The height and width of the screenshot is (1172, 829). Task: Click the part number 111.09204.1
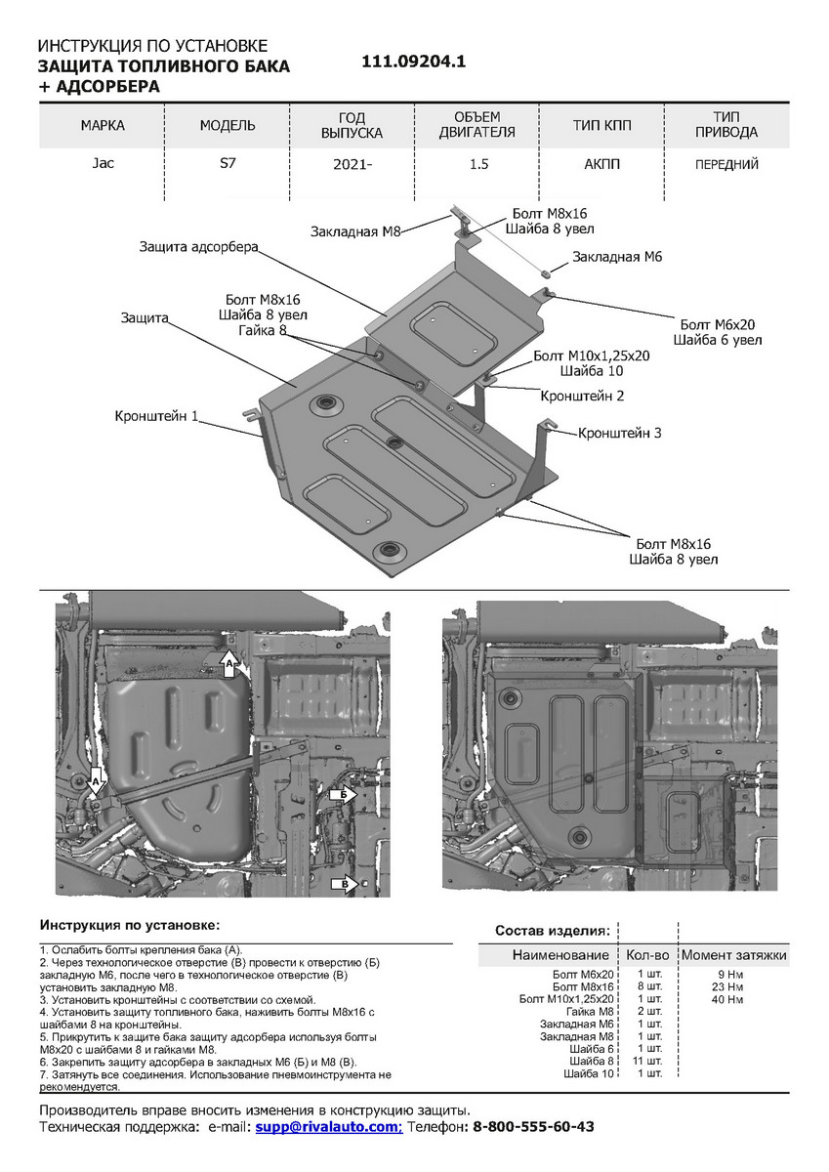click(414, 61)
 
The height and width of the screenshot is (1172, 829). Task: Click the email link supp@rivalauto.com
click(327, 1126)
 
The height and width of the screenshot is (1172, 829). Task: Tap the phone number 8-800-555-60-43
click(532, 1126)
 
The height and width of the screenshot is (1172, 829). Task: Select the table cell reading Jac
click(103, 163)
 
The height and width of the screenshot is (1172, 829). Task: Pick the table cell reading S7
click(227, 163)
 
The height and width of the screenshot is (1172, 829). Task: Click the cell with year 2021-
click(352, 165)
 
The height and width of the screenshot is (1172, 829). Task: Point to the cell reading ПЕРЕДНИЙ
click(726, 165)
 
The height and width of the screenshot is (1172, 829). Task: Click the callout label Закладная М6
click(618, 257)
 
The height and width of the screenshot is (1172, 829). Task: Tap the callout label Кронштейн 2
click(582, 397)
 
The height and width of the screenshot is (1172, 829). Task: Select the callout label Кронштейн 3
click(620, 432)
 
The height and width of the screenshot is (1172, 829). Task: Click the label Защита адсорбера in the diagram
click(198, 247)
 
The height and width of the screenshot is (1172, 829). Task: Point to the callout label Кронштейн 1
click(155, 417)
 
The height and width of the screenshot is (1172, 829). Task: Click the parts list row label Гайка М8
click(590, 1012)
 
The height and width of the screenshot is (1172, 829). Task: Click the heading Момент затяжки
click(733, 954)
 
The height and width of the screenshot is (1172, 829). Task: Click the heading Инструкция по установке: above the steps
click(130, 924)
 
